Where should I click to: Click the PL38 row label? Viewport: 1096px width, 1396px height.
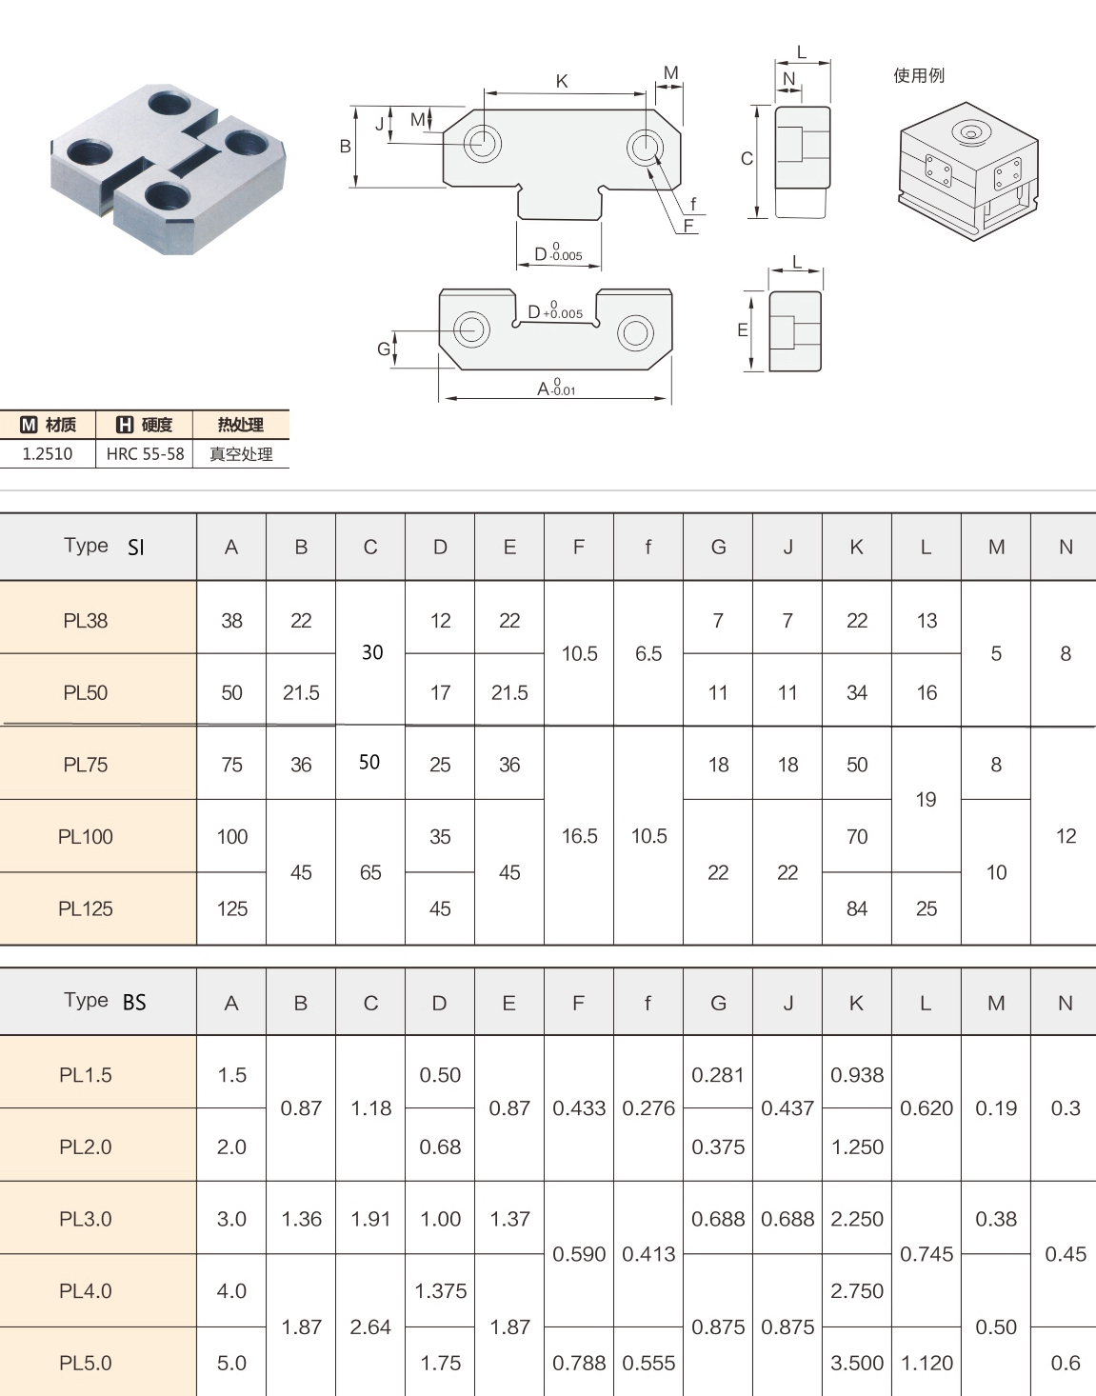[x=86, y=621]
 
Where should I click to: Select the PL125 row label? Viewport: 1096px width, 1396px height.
[x=86, y=908]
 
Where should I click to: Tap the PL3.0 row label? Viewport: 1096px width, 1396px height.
[x=86, y=1219]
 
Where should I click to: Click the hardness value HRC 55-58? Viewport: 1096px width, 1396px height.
[x=145, y=454]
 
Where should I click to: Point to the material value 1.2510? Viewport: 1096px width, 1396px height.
[x=48, y=454]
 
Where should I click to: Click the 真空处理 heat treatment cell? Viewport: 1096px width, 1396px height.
[x=241, y=454]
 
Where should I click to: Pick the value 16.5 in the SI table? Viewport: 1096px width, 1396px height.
[x=579, y=836]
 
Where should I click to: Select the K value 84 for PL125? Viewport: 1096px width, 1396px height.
[x=857, y=908]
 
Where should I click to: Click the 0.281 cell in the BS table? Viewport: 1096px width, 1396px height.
[x=718, y=1074]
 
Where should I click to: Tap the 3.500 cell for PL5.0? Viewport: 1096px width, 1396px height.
[x=857, y=1363]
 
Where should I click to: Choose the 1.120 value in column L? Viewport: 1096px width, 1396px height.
[x=927, y=1363]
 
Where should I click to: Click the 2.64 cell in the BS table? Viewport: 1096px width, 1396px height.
[x=370, y=1326]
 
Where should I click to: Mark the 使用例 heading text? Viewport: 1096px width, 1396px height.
[x=918, y=75]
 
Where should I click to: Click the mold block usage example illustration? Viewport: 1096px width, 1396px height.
[x=967, y=171]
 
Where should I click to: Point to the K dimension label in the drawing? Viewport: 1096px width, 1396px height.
[x=562, y=81]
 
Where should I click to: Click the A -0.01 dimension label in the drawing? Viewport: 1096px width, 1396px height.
[x=556, y=388]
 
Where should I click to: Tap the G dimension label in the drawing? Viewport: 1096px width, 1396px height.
[x=383, y=349]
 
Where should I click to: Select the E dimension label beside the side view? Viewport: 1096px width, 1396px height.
[x=743, y=330]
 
